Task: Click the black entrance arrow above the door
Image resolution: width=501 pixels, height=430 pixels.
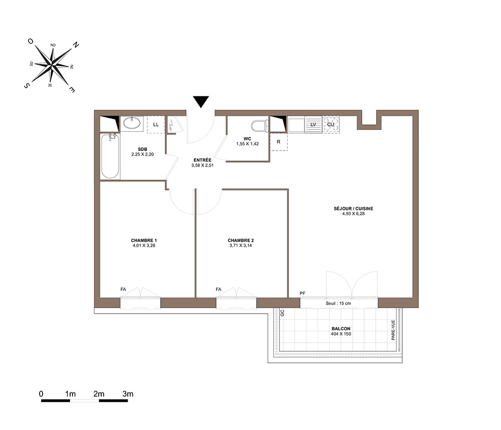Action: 201,101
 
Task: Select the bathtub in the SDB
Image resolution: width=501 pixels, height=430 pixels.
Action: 110,156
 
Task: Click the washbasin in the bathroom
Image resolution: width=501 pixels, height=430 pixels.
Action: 132,123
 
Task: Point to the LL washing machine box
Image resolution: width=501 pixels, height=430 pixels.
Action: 156,124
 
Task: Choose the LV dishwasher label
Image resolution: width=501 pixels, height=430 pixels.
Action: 313,124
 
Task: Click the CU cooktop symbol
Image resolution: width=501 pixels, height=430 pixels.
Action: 331,124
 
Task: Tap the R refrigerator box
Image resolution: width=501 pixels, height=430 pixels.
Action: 279,141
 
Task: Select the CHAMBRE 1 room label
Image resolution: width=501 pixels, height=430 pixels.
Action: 144,240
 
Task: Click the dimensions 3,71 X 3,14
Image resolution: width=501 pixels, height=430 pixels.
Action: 240,246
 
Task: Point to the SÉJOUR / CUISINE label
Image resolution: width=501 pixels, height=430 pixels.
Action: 353,209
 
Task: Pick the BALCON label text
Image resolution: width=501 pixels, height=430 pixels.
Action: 341,329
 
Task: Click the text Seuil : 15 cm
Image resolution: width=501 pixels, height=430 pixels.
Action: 338,303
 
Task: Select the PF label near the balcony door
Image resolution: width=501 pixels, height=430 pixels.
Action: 303,293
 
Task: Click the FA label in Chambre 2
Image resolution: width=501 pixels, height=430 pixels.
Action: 218,289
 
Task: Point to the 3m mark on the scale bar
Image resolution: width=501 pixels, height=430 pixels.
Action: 128,394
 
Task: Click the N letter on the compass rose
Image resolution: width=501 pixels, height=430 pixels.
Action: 76,45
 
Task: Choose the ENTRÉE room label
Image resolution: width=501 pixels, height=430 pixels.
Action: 202,160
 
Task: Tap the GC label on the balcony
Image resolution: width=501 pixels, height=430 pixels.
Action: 282,313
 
